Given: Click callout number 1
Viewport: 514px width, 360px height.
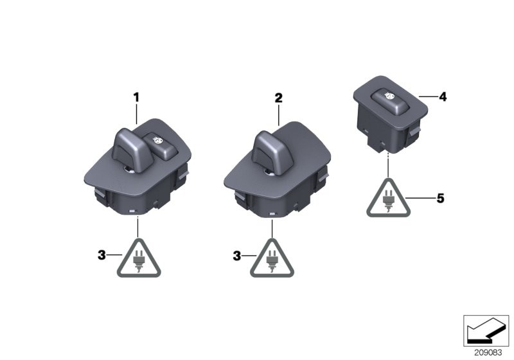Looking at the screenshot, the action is click(136, 97).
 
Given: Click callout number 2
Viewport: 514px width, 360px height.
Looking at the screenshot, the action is click(278, 98).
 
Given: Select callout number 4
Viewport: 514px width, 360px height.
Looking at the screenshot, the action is click(443, 96).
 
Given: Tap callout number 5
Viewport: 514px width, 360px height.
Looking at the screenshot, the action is click(441, 198).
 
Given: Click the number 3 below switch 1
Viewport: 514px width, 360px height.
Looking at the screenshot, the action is click(102, 255).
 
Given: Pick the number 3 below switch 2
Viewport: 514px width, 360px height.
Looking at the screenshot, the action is click(236, 256).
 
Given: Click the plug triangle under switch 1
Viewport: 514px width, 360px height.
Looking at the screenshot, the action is click(139, 259).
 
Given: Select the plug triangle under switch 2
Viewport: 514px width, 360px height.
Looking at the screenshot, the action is click(272, 259).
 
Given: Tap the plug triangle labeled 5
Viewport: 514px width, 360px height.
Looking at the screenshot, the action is click(389, 199).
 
